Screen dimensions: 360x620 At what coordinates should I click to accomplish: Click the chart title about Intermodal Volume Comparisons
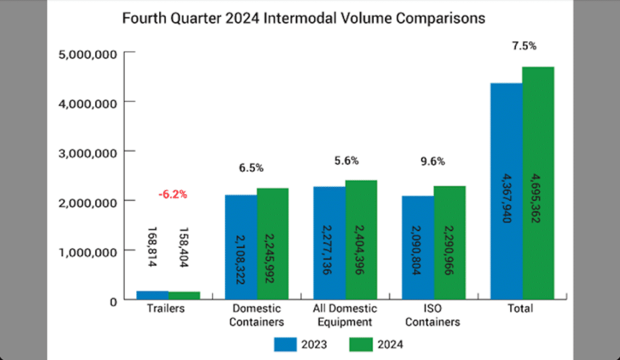coord(303,18)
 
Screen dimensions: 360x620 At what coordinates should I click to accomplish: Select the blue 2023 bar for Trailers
coord(152,295)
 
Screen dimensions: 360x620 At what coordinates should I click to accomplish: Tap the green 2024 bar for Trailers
coord(184,295)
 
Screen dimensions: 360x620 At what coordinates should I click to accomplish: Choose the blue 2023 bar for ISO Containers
coord(418,247)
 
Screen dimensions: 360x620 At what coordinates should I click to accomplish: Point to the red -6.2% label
coord(173,195)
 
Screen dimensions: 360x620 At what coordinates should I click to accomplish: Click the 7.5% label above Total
coord(524,46)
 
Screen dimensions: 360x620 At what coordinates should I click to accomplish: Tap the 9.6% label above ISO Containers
coord(434,162)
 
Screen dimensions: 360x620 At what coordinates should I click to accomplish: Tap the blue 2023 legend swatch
coord(283,344)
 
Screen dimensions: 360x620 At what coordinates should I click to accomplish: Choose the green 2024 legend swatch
coord(361,344)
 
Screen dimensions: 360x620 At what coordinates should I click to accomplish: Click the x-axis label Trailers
coord(166,309)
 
